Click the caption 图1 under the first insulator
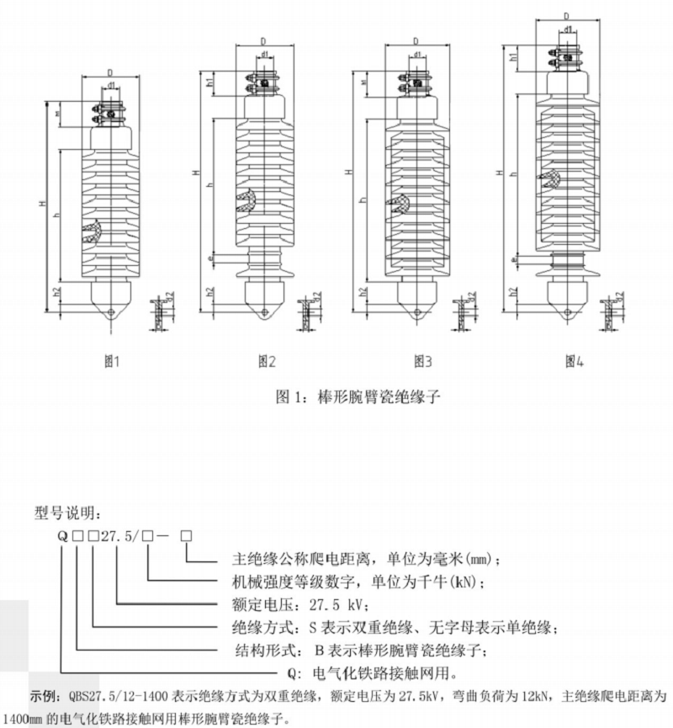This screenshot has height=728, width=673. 111,362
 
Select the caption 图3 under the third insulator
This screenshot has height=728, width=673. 422,362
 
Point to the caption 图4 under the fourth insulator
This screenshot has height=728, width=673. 575,362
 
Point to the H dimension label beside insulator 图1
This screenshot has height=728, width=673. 42,205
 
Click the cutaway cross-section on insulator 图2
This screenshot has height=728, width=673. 246,202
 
